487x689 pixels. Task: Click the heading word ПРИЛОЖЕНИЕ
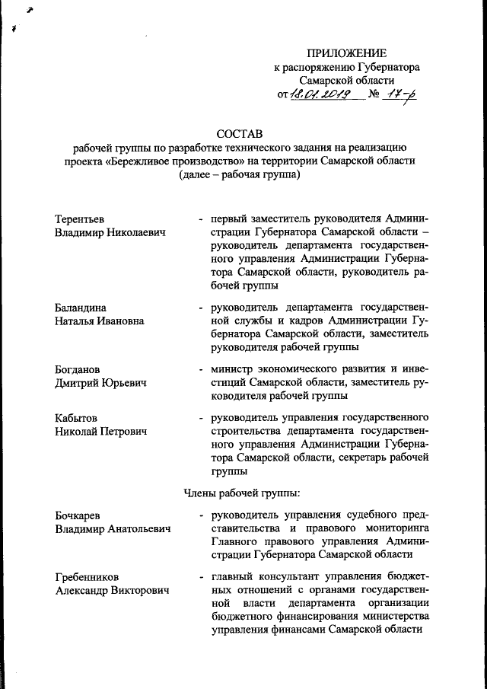(346, 53)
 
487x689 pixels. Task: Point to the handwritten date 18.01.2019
(320, 95)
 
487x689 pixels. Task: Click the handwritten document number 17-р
(399, 94)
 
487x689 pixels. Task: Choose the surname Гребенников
(87, 576)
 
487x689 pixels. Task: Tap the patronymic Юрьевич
(122, 383)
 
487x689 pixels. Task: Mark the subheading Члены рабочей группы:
(243, 491)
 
